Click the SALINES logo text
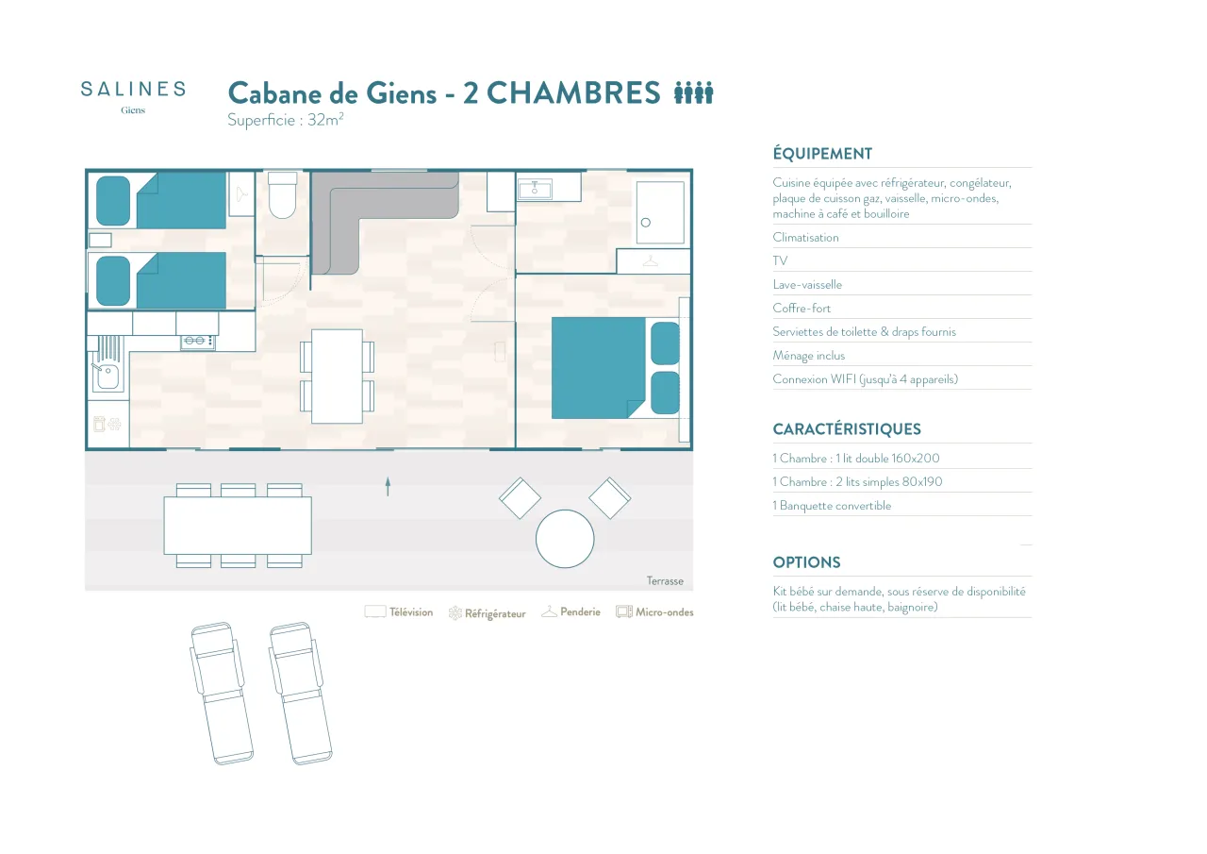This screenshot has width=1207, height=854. [x=133, y=89]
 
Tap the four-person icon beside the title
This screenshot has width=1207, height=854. [x=693, y=92]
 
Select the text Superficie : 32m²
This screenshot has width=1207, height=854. [x=286, y=119]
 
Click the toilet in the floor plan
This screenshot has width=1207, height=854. [x=282, y=195]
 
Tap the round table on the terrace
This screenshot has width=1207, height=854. [x=565, y=539]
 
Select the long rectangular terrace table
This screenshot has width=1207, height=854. [x=238, y=526]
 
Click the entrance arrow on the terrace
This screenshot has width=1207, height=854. [x=388, y=486]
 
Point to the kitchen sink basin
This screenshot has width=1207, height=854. [x=107, y=376]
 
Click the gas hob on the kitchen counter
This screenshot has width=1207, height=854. [x=198, y=341]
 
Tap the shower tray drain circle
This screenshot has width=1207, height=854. [x=646, y=222]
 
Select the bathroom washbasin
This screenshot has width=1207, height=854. [x=535, y=190]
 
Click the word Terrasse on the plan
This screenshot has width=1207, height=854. [x=665, y=580]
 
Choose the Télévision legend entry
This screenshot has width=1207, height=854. [x=399, y=611]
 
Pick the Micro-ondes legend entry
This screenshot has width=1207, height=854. [x=654, y=611]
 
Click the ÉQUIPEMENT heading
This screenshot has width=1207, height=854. [x=822, y=154]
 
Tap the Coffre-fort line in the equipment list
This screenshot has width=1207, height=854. [x=802, y=308]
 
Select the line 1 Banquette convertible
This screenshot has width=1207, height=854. [x=832, y=506]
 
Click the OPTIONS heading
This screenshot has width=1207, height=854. [x=806, y=562]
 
